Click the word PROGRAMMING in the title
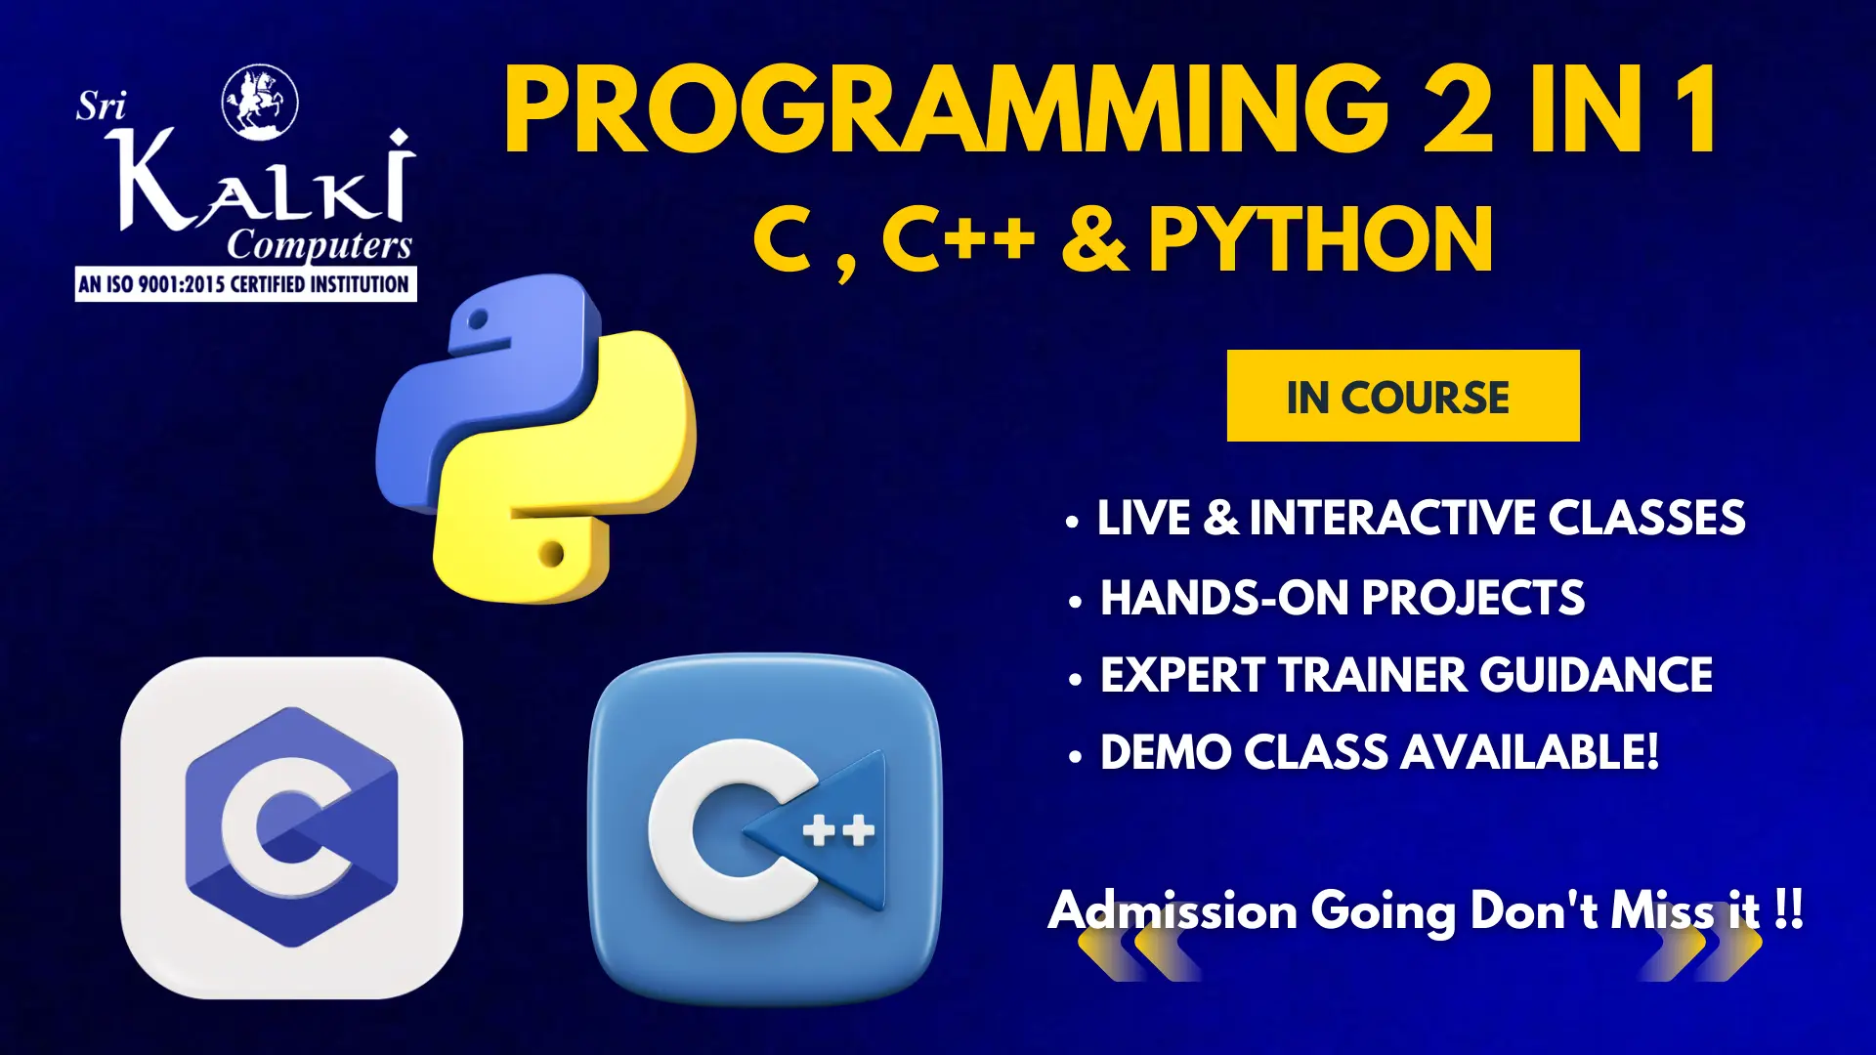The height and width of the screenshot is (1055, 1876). point(946,109)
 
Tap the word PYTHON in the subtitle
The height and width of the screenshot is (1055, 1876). point(1321,239)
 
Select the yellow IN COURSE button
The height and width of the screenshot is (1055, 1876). point(1403,396)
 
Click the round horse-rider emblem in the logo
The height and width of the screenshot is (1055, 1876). point(260,102)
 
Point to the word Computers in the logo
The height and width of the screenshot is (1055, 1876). point(320,245)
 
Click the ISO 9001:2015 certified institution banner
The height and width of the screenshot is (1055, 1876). point(245,284)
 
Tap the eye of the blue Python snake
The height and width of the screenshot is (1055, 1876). point(478,319)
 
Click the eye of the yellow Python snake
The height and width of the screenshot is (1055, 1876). point(551,554)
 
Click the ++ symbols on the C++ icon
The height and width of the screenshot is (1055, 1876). point(838,831)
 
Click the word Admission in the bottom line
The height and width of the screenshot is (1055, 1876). point(1172,910)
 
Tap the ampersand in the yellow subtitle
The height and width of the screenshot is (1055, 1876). point(1094,240)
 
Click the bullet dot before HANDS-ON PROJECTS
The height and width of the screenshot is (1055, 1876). point(1075,602)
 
